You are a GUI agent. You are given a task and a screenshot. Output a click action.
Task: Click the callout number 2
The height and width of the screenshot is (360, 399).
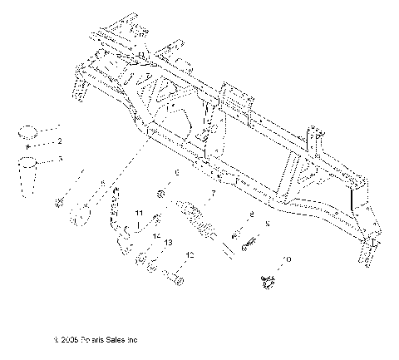(x=59, y=141)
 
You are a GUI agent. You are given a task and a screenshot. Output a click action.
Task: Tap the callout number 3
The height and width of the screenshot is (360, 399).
(x=59, y=158)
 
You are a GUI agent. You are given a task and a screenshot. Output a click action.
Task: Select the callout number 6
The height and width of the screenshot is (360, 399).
(x=176, y=173)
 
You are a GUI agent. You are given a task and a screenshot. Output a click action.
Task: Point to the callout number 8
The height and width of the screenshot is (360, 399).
(x=251, y=215)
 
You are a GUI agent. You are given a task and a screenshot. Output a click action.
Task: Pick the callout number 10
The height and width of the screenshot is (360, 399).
(x=288, y=259)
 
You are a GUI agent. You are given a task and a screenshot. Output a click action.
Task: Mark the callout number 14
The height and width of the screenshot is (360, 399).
(x=155, y=235)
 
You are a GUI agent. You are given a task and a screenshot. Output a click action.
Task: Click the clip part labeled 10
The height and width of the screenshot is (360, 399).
(x=268, y=284)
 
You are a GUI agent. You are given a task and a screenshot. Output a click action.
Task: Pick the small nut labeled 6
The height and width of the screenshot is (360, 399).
(x=162, y=195)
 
